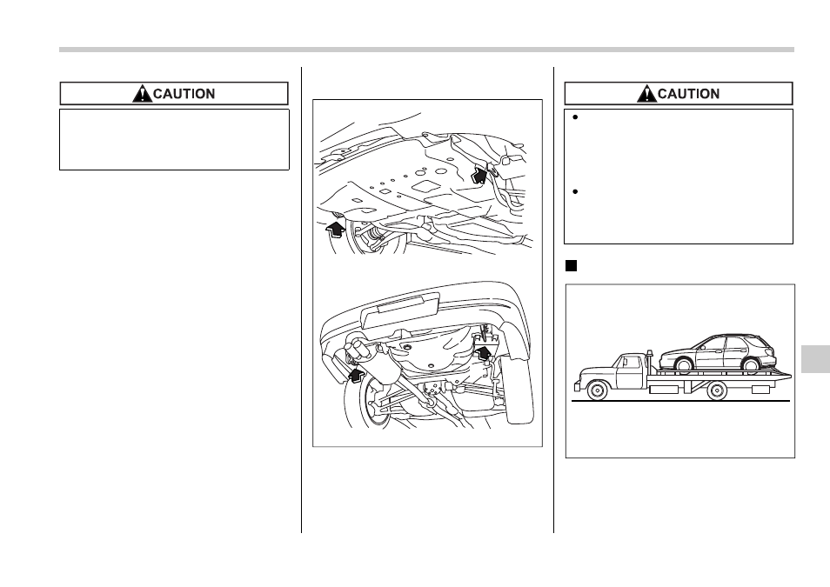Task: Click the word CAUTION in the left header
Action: [184, 94]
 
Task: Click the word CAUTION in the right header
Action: [688, 94]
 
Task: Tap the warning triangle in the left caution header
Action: [142, 94]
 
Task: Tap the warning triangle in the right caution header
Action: [646, 94]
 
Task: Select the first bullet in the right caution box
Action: [575, 117]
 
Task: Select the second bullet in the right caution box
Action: [575, 191]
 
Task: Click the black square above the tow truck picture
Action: [571, 266]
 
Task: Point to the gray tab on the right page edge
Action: [816, 359]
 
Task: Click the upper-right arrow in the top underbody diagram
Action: [479, 175]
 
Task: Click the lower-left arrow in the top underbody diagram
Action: [335, 230]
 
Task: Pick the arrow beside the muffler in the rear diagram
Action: [358, 376]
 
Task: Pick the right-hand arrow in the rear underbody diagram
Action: [485, 351]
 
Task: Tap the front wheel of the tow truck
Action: [597, 390]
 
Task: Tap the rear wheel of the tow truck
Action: [717, 390]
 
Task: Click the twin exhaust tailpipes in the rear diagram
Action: [357, 350]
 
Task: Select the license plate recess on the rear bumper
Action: [399, 310]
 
